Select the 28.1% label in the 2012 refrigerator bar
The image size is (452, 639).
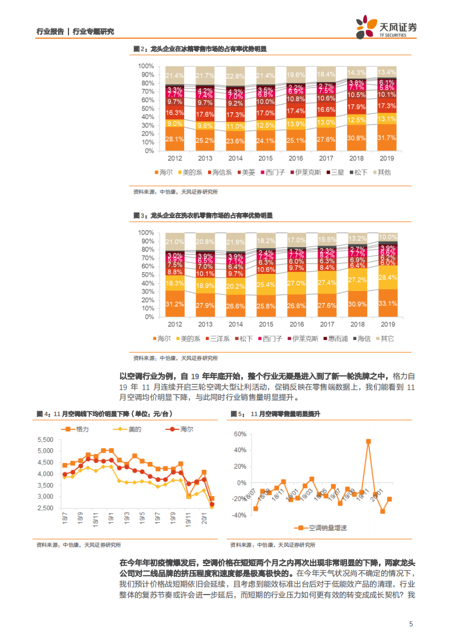(174, 139)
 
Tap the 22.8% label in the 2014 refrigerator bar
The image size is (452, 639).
(235, 76)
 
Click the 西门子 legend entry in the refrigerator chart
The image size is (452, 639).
(271, 172)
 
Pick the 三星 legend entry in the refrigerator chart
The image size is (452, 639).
(335, 172)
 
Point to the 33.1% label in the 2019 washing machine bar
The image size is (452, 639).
(387, 304)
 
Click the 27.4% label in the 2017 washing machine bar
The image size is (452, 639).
(326, 282)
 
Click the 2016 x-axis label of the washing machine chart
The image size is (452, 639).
(295, 324)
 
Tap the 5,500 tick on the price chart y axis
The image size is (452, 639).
(44, 440)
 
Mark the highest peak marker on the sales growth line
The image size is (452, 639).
(369, 441)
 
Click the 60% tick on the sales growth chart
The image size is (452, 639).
(238, 435)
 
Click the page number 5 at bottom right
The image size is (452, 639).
(411, 624)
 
